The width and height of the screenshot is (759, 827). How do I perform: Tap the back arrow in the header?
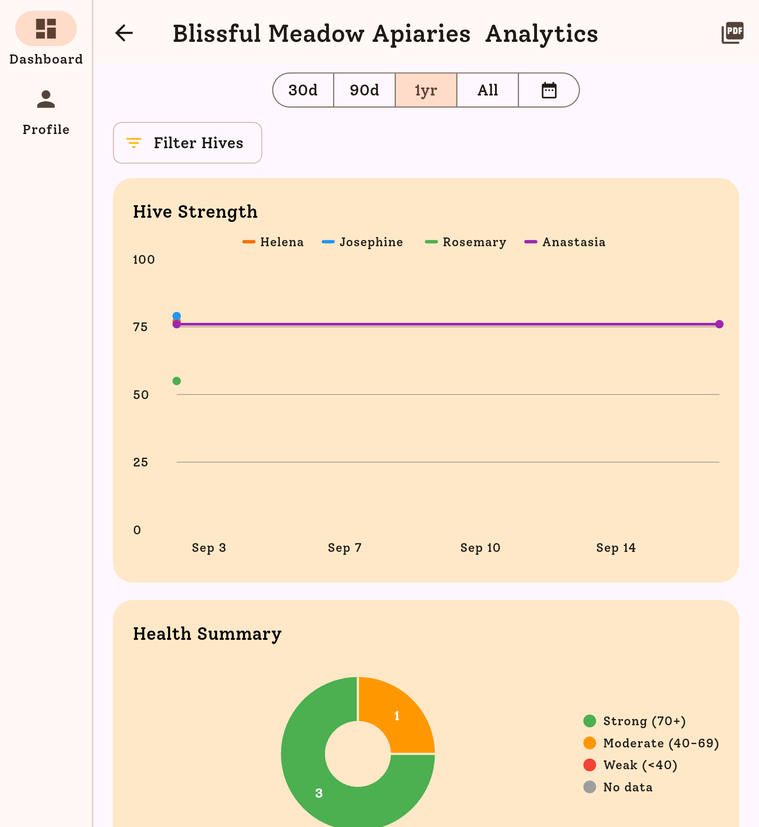(x=124, y=33)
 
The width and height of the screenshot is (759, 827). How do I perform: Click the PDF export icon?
(x=732, y=33)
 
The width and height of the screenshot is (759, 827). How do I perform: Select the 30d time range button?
(x=303, y=90)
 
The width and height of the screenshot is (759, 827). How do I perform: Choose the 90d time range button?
(x=364, y=90)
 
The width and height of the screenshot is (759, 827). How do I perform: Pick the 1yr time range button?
(x=426, y=90)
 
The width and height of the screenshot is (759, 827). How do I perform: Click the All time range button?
(x=488, y=90)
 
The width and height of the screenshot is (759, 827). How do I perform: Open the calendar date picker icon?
(x=549, y=90)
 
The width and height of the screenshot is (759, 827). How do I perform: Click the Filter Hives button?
(x=187, y=143)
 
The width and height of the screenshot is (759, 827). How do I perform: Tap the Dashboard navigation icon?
(x=46, y=29)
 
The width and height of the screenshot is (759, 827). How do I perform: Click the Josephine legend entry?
(x=362, y=242)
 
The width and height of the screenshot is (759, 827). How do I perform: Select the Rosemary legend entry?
(x=466, y=242)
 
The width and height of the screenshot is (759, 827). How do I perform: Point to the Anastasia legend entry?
(x=565, y=242)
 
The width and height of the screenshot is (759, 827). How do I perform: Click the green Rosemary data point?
(x=177, y=381)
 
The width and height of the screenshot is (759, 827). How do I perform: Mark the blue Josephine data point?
(x=177, y=316)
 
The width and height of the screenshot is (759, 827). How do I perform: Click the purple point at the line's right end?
(x=719, y=324)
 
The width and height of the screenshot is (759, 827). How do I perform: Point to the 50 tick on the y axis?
(x=141, y=394)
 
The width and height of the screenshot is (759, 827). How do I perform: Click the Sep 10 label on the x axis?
(x=480, y=548)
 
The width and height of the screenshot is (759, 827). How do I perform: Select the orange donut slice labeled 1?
(x=398, y=716)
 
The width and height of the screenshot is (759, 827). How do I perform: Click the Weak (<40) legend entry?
(x=630, y=765)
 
